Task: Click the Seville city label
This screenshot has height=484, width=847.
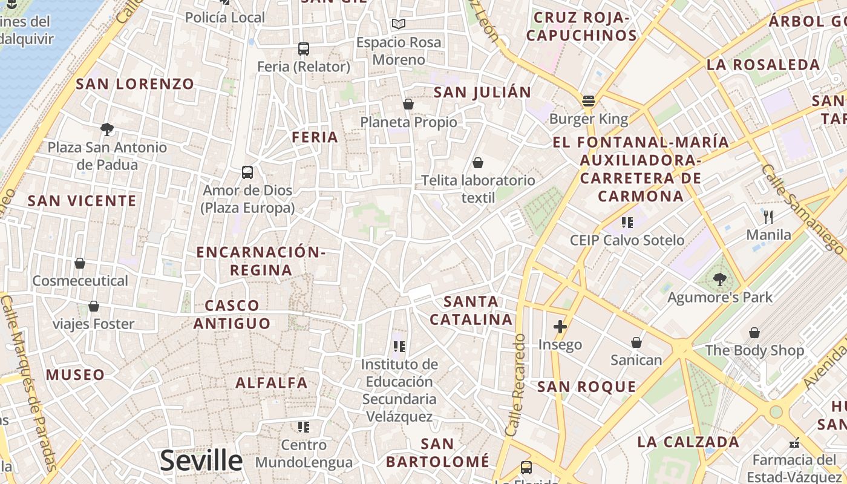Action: (201, 460)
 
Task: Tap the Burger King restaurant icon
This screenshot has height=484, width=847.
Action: (588, 101)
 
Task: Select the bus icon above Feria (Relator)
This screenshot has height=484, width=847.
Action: (304, 49)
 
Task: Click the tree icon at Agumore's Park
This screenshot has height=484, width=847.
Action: (719, 279)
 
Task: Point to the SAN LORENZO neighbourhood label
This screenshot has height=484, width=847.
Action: (135, 84)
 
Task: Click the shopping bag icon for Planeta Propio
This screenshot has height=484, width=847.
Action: (408, 104)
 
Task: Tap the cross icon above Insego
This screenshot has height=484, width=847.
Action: (560, 327)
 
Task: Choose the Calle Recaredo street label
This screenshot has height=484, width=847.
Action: (517, 385)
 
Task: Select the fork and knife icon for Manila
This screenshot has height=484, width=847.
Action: (768, 216)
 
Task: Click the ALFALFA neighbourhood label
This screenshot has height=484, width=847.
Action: (272, 382)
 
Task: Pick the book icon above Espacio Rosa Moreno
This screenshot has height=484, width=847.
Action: (398, 24)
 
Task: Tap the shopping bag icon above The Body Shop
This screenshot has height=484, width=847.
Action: (754, 332)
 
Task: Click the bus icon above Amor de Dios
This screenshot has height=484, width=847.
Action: (247, 172)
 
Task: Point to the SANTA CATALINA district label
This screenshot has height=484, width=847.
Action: (471, 310)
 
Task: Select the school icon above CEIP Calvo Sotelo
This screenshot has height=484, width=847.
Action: (627, 222)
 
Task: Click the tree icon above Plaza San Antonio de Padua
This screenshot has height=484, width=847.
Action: (107, 129)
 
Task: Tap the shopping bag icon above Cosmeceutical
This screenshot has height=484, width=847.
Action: (80, 263)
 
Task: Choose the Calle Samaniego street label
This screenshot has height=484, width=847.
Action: (802, 208)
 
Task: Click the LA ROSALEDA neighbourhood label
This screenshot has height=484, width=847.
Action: (763, 65)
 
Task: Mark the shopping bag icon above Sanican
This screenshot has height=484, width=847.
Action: (636, 342)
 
